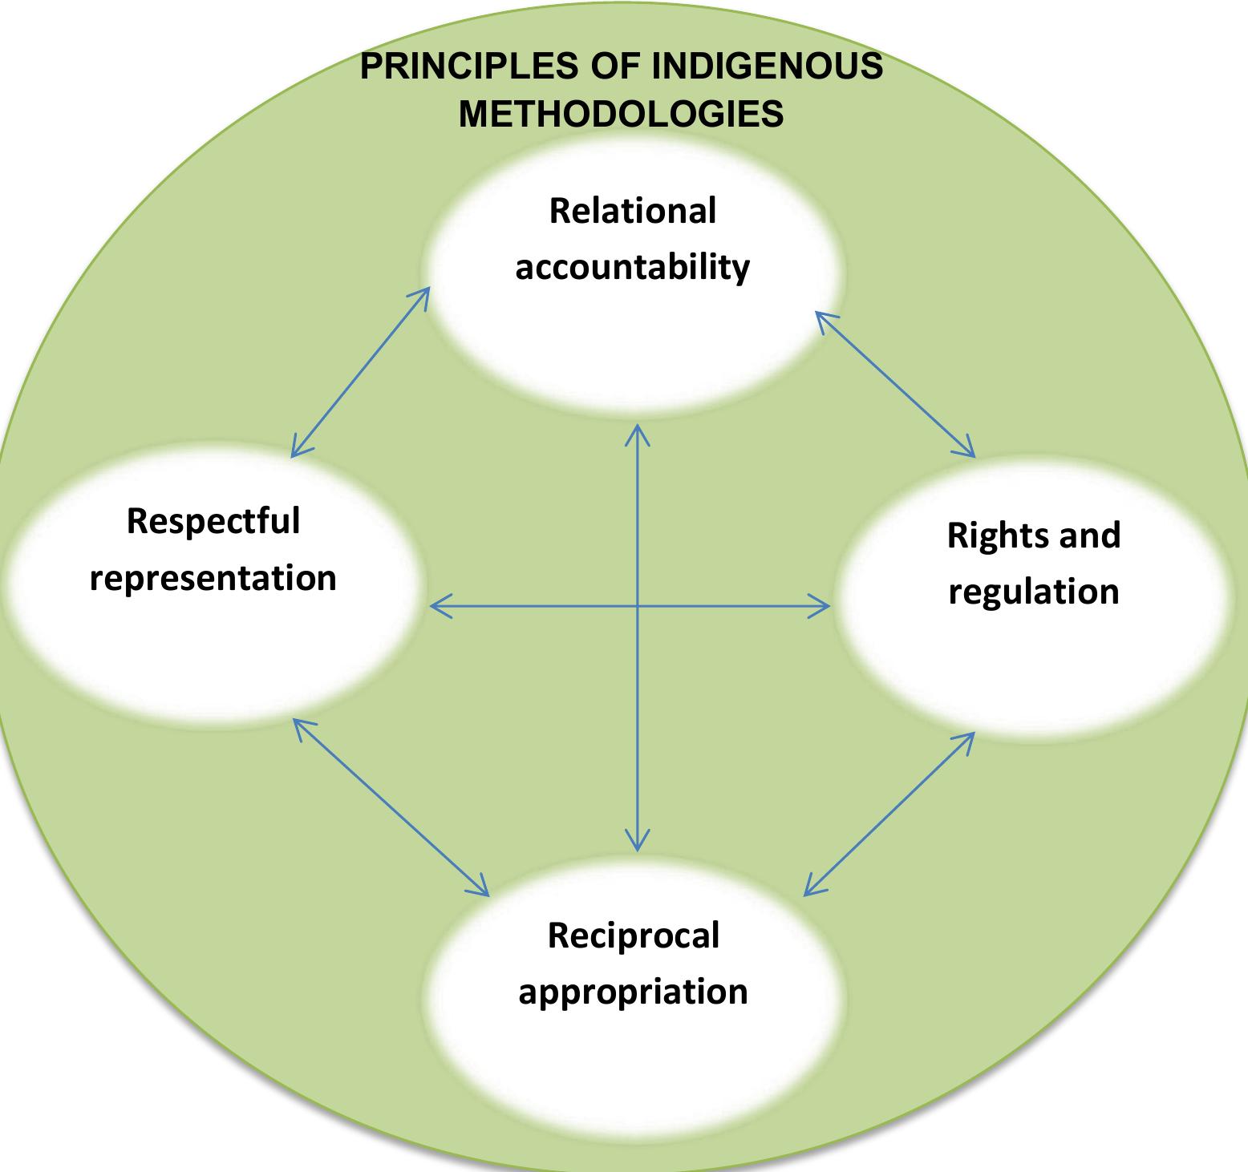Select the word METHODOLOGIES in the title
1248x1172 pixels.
(x=621, y=115)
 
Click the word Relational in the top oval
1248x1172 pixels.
(x=632, y=211)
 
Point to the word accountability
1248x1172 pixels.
(x=632, y=267)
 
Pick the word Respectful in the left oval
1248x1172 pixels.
(x=213, y=521)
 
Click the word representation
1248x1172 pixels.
(x=213, y=578)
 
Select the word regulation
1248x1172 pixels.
(x=1034, y=592)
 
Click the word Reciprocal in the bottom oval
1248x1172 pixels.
(x=633, y=936)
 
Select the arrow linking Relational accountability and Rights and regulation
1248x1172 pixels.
(x=896, y=385)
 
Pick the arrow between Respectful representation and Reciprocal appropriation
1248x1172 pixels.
(x=391, y=806)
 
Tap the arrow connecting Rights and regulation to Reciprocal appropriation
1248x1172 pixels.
(x=889, y=813)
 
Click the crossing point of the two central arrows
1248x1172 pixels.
(x=638, y=607)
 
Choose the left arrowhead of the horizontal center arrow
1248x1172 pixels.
(x=436, y=607)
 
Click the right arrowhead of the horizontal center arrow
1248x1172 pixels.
(x=825, y=607)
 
